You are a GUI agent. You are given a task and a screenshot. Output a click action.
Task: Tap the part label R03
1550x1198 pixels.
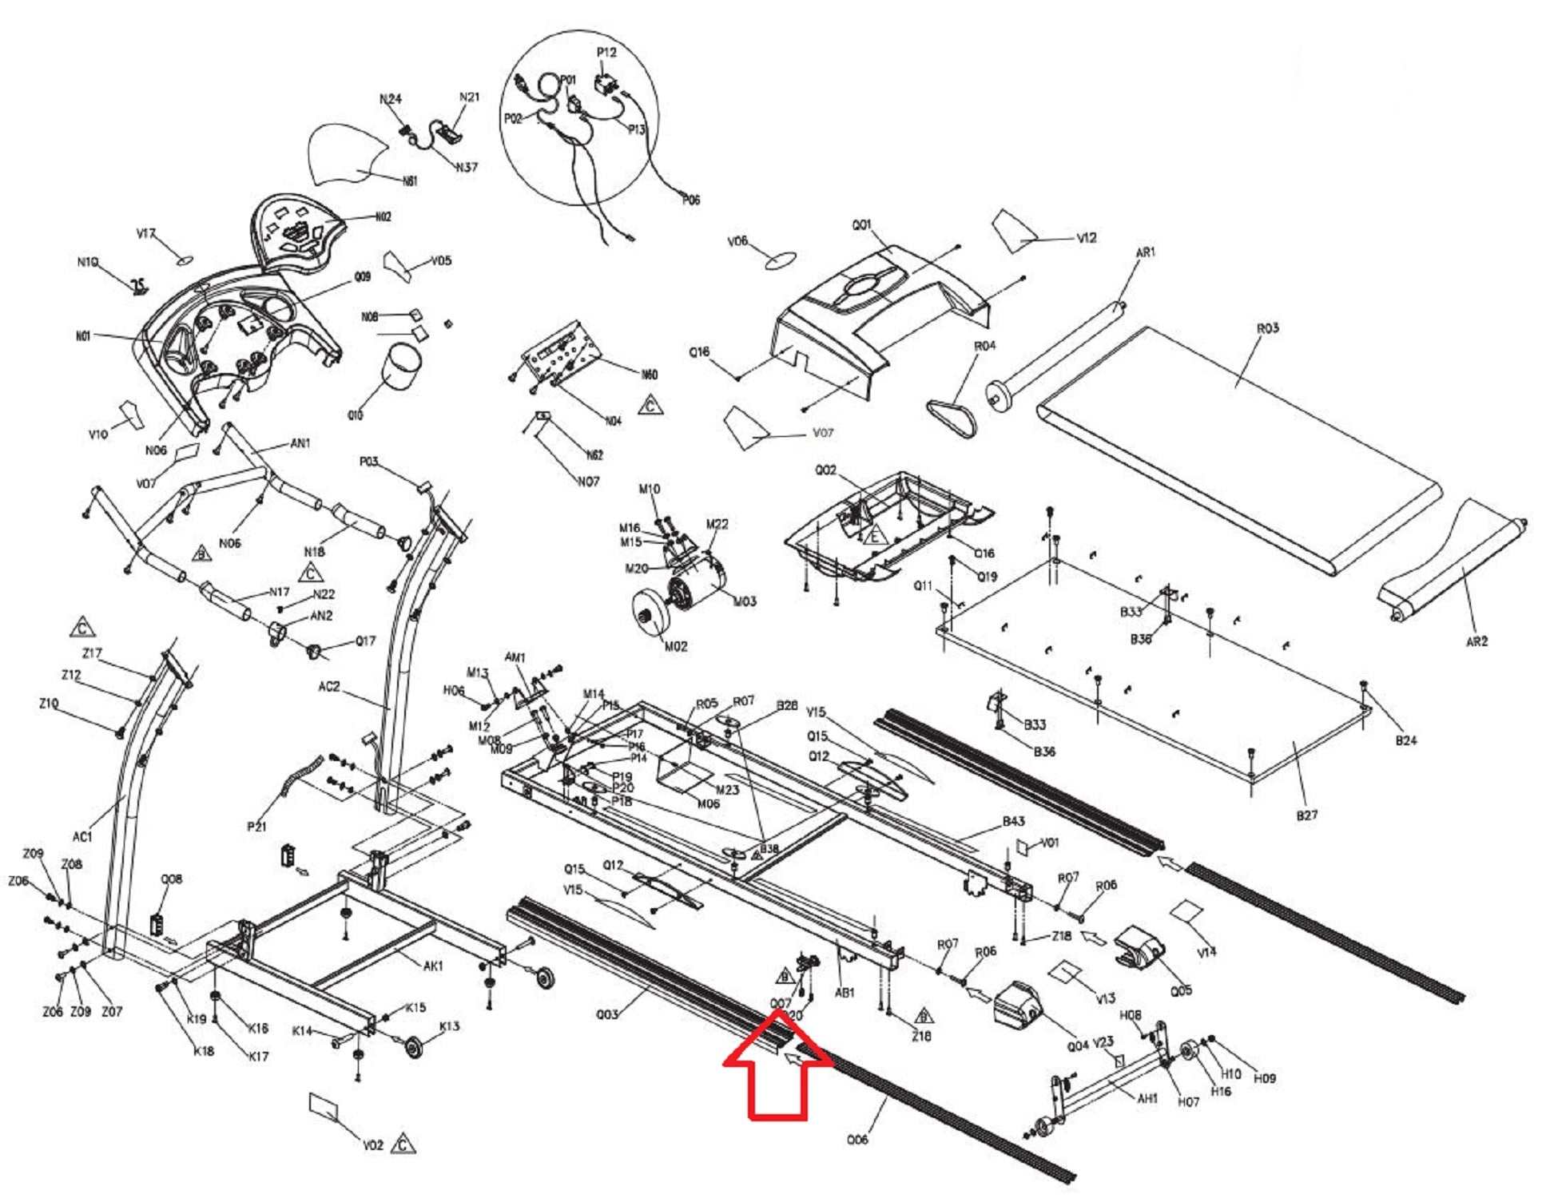pyautogui.click(x=1268, y=328)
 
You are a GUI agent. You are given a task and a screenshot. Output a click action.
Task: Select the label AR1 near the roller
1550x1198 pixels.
pyautogui.click(x=1145, y=252)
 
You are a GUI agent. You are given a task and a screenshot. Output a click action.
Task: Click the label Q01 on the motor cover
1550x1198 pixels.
pyautogui.click(x=861, y=225)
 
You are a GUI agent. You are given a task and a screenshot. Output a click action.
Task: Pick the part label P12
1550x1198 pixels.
pyautogui.click(x=606, y=53)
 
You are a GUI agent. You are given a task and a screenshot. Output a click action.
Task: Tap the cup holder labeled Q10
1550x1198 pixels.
pyautogui.click(x=403, y=367)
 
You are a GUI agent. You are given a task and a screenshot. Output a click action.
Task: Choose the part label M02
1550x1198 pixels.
pyautogui.click(x=676, y=646)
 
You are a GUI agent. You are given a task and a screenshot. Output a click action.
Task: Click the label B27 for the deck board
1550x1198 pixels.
pyautogui.click(x=1307, y=815)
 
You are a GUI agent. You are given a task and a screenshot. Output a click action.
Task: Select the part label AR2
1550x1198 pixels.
pyautogui.click(x=1477, y=641)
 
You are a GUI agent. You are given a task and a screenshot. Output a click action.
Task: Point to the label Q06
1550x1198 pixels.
pyautogui.click(x=857, y=1140)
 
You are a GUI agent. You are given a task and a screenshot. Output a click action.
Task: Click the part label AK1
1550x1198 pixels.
pyautogui.click(x=432, y=966)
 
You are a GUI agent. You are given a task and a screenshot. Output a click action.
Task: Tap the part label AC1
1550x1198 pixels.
pyautogui.click(x=82, y=837)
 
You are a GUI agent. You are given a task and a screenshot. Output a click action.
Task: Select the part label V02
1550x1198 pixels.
pyautogui.click(x=373, y=1145)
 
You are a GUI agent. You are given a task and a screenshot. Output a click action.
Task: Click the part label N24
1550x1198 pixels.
pyautogui.click(x=390, y=99)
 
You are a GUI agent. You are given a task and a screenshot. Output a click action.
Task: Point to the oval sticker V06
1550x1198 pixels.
pyautogui.click(x=781, y=260)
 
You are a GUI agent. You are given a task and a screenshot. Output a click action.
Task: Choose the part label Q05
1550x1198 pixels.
pyautogui.click(x=1181, y=990)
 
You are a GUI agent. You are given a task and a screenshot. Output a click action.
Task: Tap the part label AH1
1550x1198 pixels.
pyautogui.click(x=1147, y=1099)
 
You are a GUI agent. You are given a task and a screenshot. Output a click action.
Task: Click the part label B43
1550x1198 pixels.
pyautogui.click(x=1014, y=822)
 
